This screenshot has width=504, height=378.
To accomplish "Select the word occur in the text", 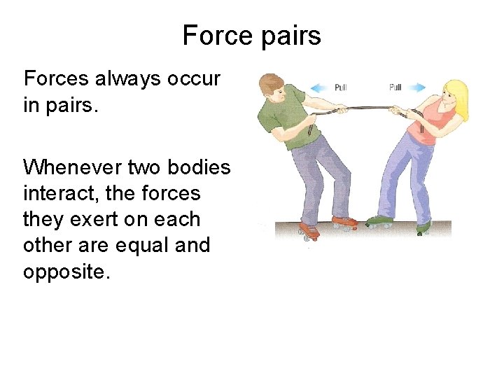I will click(193, 79).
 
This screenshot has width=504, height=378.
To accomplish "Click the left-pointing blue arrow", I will click(321, 87).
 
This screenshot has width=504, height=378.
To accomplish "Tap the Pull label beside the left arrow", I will click(340, 87).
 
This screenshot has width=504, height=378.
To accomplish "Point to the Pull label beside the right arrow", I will click(395, 87).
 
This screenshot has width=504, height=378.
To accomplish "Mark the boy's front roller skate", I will click(343, 223).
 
